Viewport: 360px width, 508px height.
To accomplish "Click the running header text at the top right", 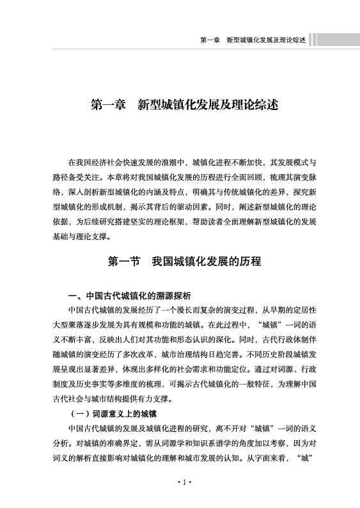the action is coord(252,40).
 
